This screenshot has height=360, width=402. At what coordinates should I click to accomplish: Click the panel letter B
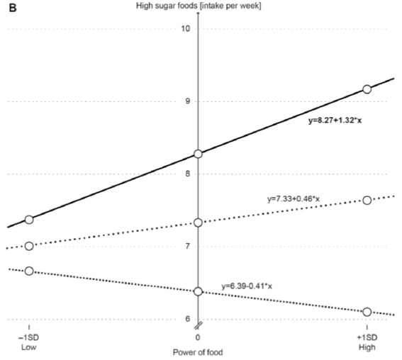[13, 8]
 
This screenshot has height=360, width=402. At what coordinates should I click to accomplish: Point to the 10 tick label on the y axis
[186, 28]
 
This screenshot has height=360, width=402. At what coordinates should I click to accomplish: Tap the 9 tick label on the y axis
[188, 101]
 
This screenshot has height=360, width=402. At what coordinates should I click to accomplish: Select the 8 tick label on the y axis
[188, 174]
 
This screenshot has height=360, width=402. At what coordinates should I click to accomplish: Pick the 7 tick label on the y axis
[188, 247]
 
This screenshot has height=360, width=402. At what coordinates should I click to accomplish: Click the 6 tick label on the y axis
[188, 319]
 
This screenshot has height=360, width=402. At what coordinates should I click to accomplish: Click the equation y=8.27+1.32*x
[335, 120]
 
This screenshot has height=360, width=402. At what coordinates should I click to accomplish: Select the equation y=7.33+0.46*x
[294, 199]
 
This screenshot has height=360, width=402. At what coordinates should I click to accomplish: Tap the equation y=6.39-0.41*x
[247, 286]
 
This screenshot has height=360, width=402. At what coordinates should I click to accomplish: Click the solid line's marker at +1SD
[367, 89]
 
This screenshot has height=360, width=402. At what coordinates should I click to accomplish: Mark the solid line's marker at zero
[198, 154]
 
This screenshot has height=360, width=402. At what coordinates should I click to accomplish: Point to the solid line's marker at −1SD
[29, 220]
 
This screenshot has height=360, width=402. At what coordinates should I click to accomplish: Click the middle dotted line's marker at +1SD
[367, 200]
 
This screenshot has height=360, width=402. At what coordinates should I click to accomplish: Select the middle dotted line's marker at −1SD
[29, 246]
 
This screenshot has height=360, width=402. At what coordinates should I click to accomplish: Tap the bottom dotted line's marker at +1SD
[367, 312]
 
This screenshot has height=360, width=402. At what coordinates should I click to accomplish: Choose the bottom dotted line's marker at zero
[198, 291]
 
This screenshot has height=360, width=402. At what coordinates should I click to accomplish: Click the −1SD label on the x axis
[28, 337]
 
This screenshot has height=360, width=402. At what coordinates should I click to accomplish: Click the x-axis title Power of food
[198, 352]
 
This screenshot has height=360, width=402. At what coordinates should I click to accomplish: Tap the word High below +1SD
[367, 347]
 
